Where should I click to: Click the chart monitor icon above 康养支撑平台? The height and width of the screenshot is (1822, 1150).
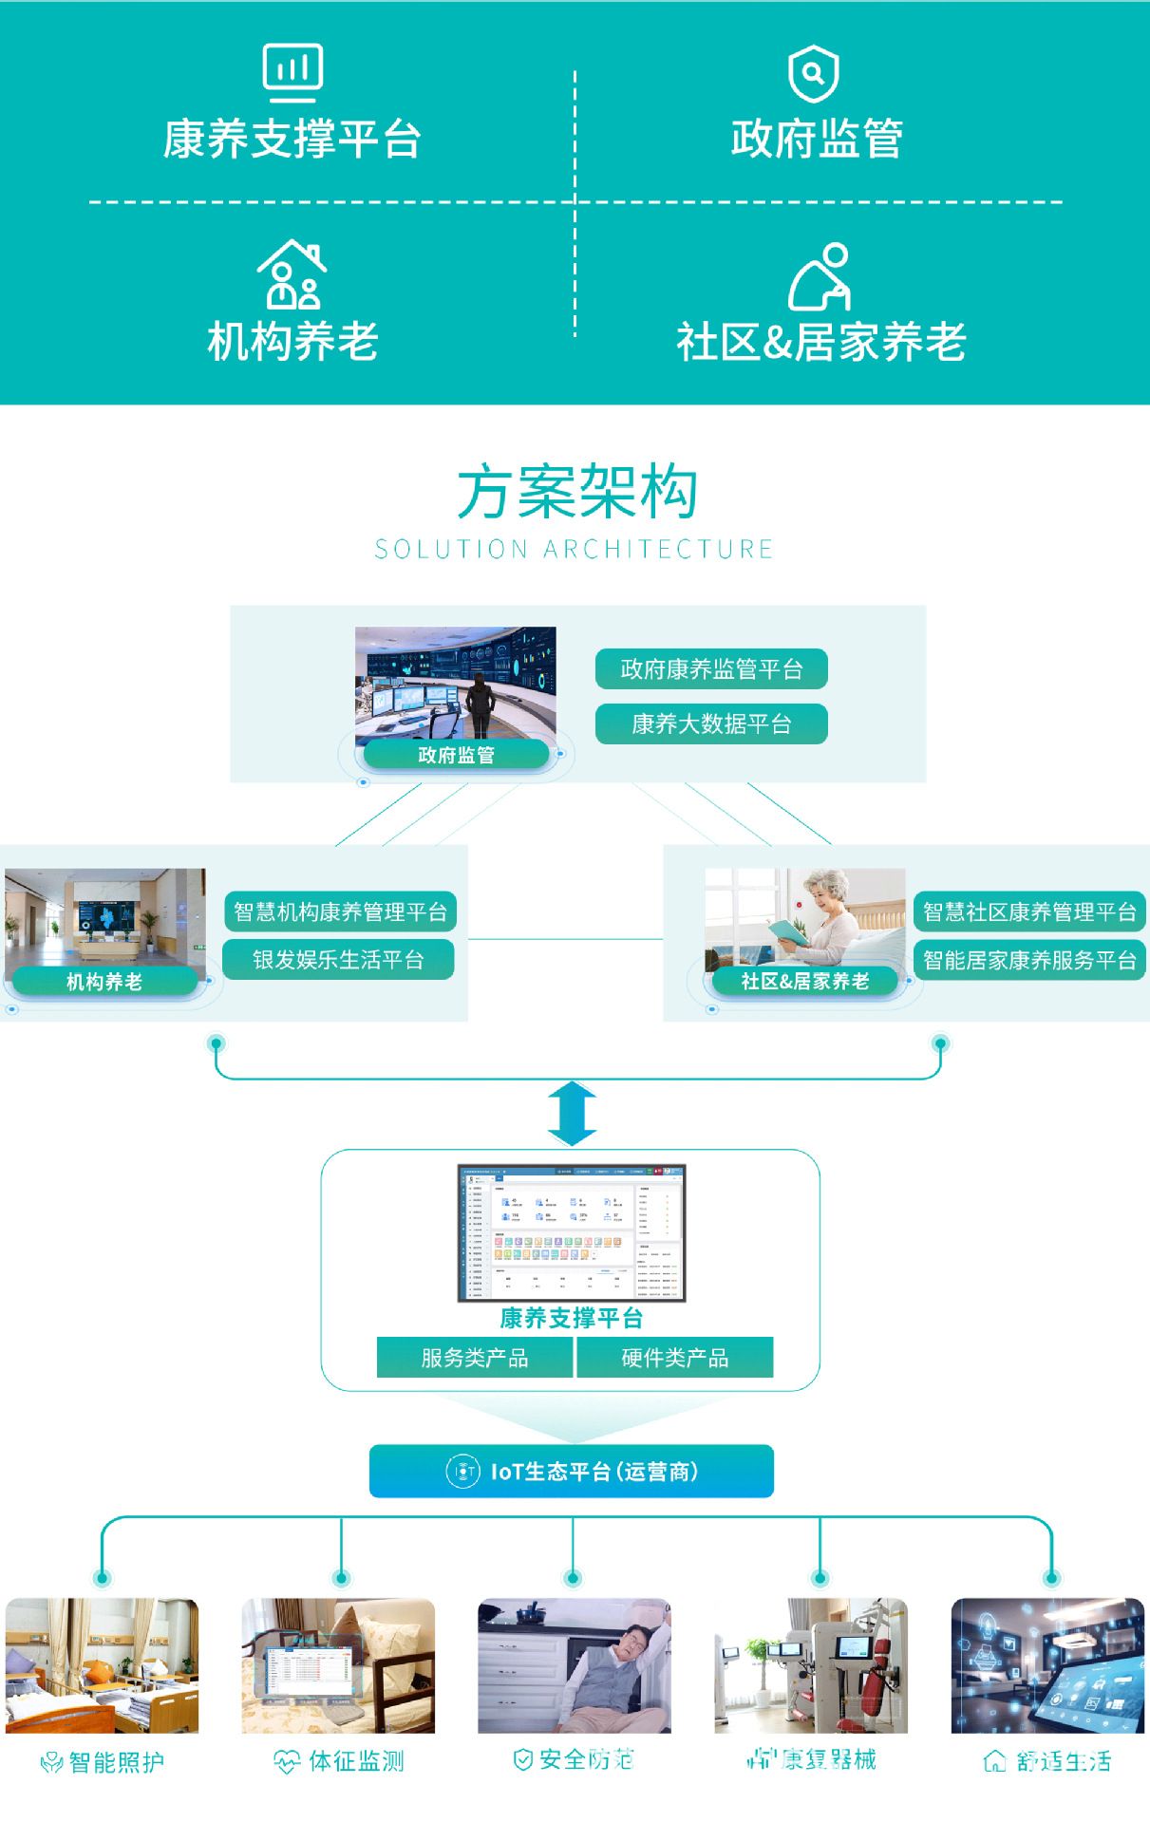coord(292,72)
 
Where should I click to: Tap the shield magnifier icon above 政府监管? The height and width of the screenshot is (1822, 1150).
coord(814,73)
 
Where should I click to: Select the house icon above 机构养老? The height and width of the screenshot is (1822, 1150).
coord(292,274)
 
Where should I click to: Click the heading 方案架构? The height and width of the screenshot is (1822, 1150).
coord(576,493)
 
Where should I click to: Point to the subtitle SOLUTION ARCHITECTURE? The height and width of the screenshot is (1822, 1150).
coord(574,550)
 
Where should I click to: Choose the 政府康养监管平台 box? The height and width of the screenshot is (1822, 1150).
coord(711,669)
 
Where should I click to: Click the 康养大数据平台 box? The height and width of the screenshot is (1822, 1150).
coord(711,724)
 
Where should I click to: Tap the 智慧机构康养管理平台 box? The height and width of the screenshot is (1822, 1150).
coord(340,911)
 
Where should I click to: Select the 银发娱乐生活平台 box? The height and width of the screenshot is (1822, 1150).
coord(338,960)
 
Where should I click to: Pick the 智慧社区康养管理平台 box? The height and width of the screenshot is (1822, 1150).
coord(1029,911)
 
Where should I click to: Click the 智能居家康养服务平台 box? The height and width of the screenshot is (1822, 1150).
coord(1029,960)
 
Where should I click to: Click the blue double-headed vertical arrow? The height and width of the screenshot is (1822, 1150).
coord(573,1114)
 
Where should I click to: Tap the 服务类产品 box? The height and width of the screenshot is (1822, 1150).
coord(475,1358)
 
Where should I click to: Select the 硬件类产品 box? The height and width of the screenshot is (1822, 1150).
coord(675,1358)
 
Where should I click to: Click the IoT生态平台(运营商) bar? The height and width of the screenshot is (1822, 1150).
coord(572,1472)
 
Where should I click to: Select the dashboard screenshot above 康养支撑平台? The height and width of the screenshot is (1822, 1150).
coord(572,1232)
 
